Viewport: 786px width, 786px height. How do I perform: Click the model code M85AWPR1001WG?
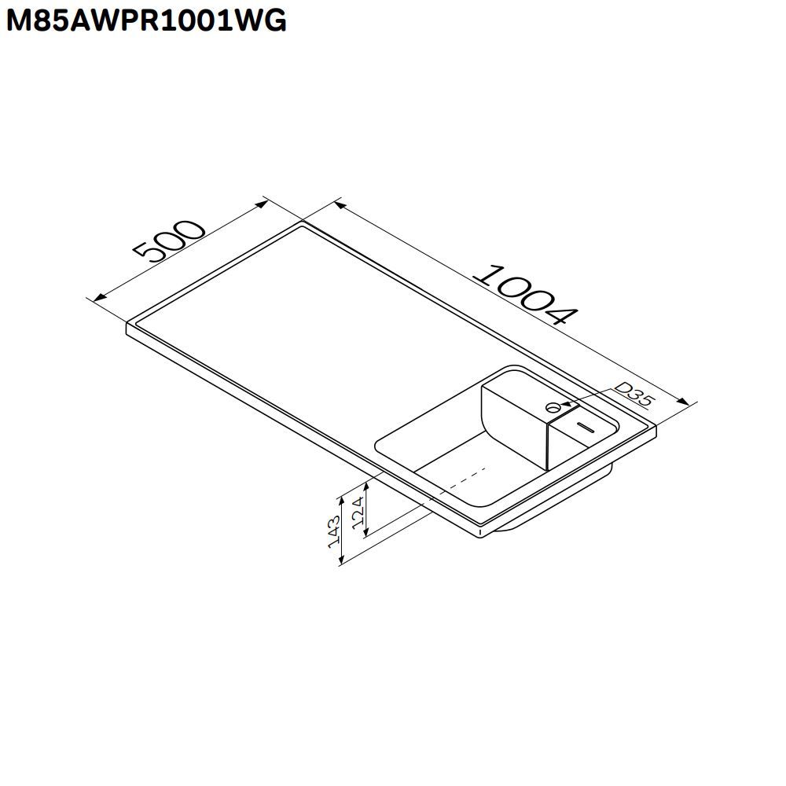point(146,21)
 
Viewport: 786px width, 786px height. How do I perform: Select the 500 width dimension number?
point(170,242)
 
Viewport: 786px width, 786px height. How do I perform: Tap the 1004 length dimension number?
point(527,295)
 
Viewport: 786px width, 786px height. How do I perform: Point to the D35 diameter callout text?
point(634,395)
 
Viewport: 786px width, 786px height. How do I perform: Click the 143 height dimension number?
point(334,531)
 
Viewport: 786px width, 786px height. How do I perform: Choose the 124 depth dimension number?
point(358,512)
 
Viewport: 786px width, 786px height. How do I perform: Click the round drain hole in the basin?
point(553,406)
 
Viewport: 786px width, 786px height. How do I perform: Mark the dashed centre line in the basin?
point(464,480)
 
